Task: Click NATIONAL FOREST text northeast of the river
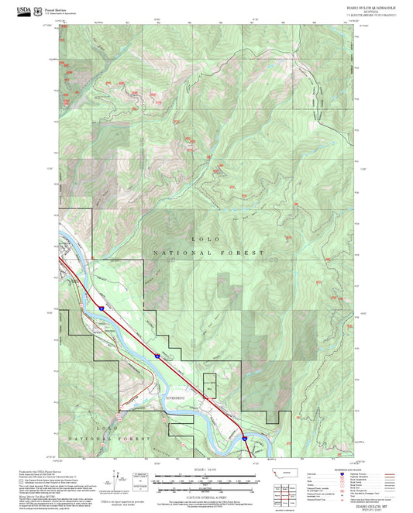pyautogui.click(x=208, y=253)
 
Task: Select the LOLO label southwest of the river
pyautogui.click(x=107, y=428)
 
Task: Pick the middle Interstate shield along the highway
pyautogui.click(x=156, y=356)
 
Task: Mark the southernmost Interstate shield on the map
pyautogui.click(x=243, y=439)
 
